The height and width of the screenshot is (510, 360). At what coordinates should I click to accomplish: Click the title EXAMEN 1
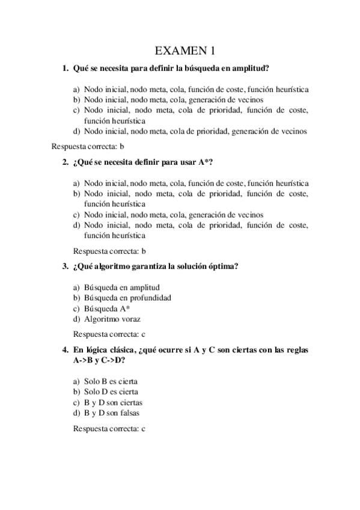coord(180,49)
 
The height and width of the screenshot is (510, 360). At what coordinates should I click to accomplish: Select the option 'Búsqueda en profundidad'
coord(127,297)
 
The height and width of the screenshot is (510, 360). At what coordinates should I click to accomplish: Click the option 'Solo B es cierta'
coord(112,381)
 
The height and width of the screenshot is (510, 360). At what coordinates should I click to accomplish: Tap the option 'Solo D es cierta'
coord(112,392)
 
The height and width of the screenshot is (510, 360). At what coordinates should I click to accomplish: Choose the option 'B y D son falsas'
coord(114,413)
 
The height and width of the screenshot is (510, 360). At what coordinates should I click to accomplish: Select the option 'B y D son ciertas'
coord(114,402)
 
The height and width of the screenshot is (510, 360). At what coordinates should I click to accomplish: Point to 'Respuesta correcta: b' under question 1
coord(88,146)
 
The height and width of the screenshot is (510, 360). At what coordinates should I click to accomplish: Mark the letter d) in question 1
coord(76,131)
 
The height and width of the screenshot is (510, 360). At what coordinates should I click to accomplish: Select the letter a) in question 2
coord(76,183)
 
